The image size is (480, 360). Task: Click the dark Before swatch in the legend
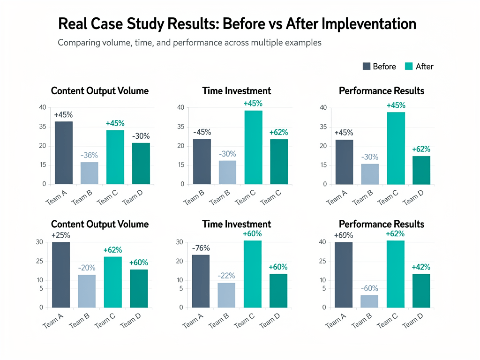coord(367,67)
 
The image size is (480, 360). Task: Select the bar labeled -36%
coord(89,173)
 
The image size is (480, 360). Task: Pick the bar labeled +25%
coord(60,275)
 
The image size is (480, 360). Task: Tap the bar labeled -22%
coord(226,295)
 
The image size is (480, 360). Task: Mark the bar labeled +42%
coord(420,291)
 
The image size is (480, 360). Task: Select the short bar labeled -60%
coord(369,301)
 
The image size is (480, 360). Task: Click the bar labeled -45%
coord(202,161)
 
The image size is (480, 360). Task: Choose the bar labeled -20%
coord(86,291)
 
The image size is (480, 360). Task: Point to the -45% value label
coord(202,132)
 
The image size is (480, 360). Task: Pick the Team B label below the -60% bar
coord(362,321)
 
